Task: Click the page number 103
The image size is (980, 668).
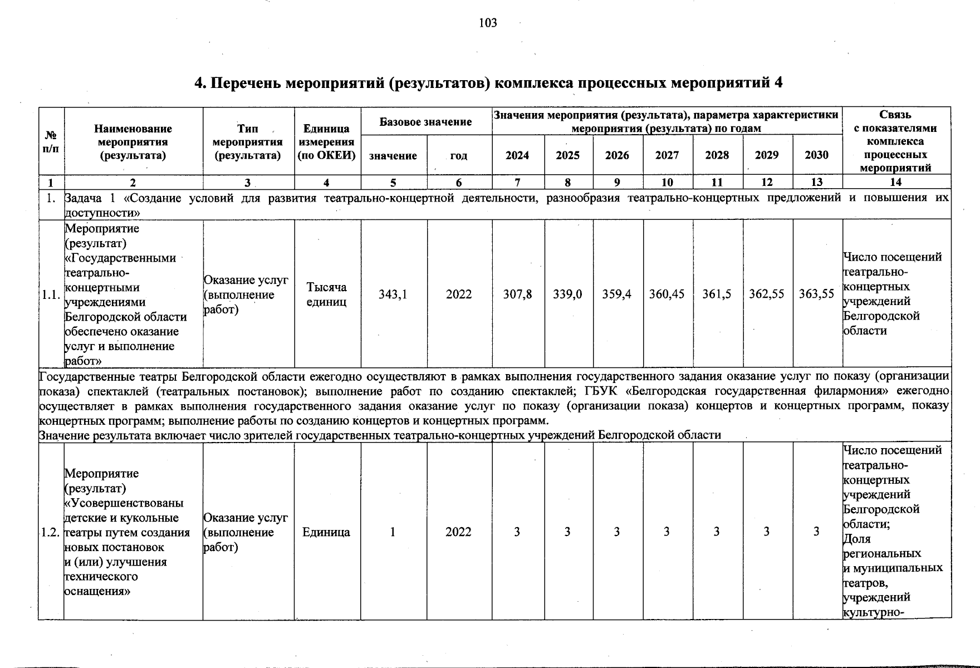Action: pos(488,23)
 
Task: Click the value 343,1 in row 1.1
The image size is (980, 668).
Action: pos(393,294)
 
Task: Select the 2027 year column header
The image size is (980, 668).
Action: pos(667,155)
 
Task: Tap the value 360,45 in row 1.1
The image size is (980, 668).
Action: pos(667,294)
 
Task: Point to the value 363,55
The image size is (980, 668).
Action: pos(816,294)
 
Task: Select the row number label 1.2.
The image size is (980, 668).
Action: pos(50,532)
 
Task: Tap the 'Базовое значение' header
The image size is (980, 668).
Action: pos(426,121)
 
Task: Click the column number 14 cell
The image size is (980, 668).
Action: pos(895,182)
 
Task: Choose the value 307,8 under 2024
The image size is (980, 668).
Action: pos(517,294)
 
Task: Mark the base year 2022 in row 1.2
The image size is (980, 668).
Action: pos(458,532)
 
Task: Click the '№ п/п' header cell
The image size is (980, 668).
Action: pos(51,143)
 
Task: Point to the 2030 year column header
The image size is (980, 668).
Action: pos(816,155)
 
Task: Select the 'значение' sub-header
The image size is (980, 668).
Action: pos(393,156)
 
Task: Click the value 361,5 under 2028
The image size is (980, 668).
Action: pos(717,294)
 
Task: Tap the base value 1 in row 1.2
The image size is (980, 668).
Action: pos(393,532)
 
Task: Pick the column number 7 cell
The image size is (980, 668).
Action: pos(517,182)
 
